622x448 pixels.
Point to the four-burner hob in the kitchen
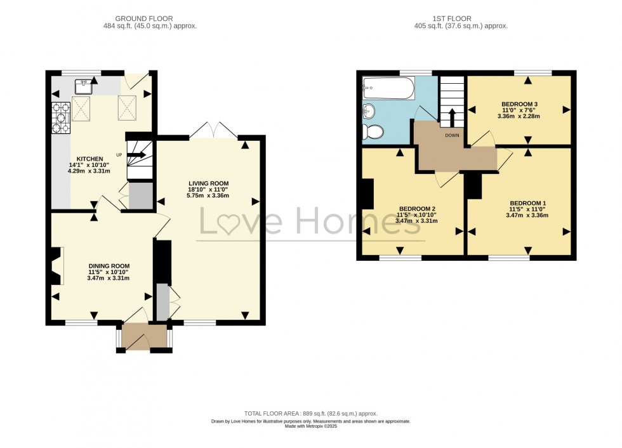(x=62, y=119)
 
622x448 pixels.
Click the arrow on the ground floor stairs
(x=138, y=154)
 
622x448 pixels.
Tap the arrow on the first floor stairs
(x=451, y=117)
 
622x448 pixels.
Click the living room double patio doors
(x=214, y=132)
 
